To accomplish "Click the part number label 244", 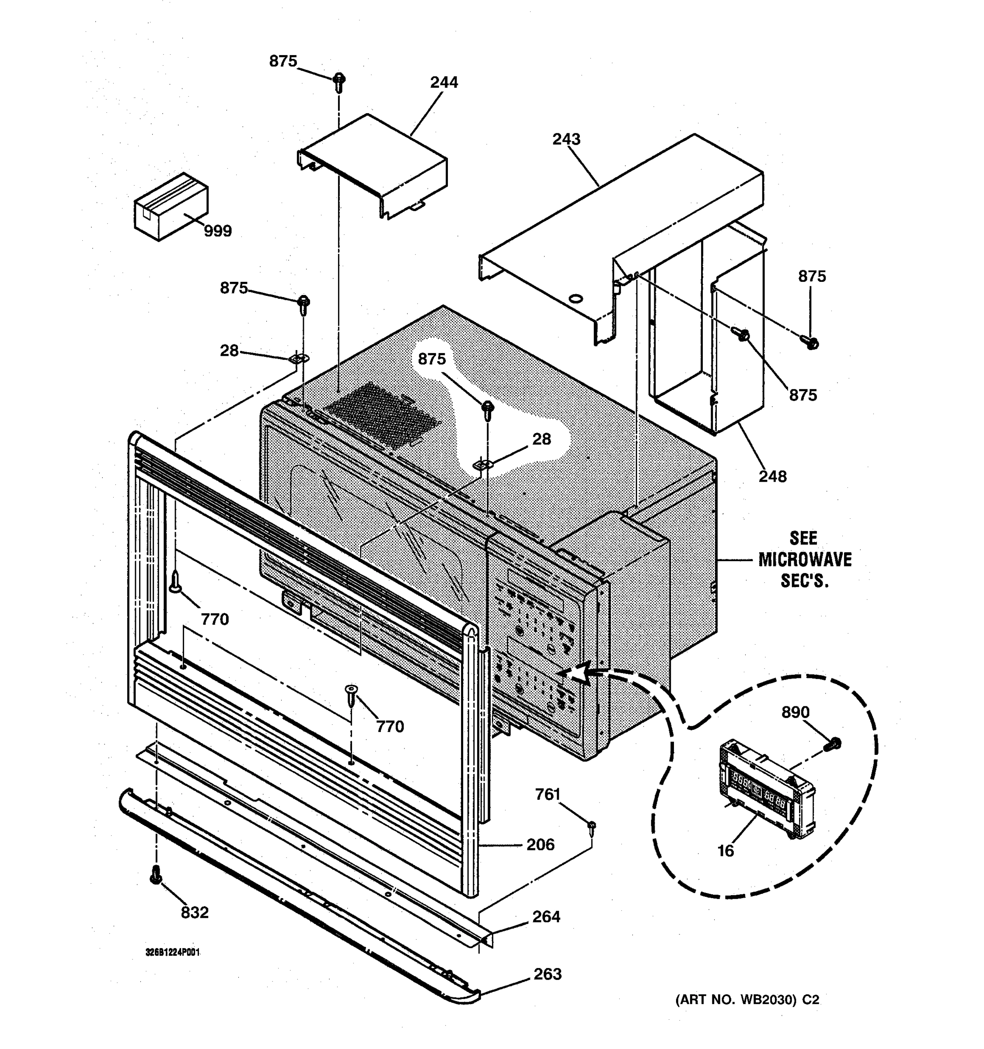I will [x=443, y=82].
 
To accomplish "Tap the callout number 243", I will [x=566, y=139].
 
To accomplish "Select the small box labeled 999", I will [x=171, y=206].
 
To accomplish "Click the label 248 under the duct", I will [x=772, y=476].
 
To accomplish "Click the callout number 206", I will [x=540, y=845].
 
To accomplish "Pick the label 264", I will [x=546, y=917].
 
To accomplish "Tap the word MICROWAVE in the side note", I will [x=805, y=560].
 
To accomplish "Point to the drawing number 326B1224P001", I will [x=173, y=952].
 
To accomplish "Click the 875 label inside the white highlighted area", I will [x=432, y=359].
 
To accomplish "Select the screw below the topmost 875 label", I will [x=339, y=82].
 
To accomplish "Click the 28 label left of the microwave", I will [x=229, y=351].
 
